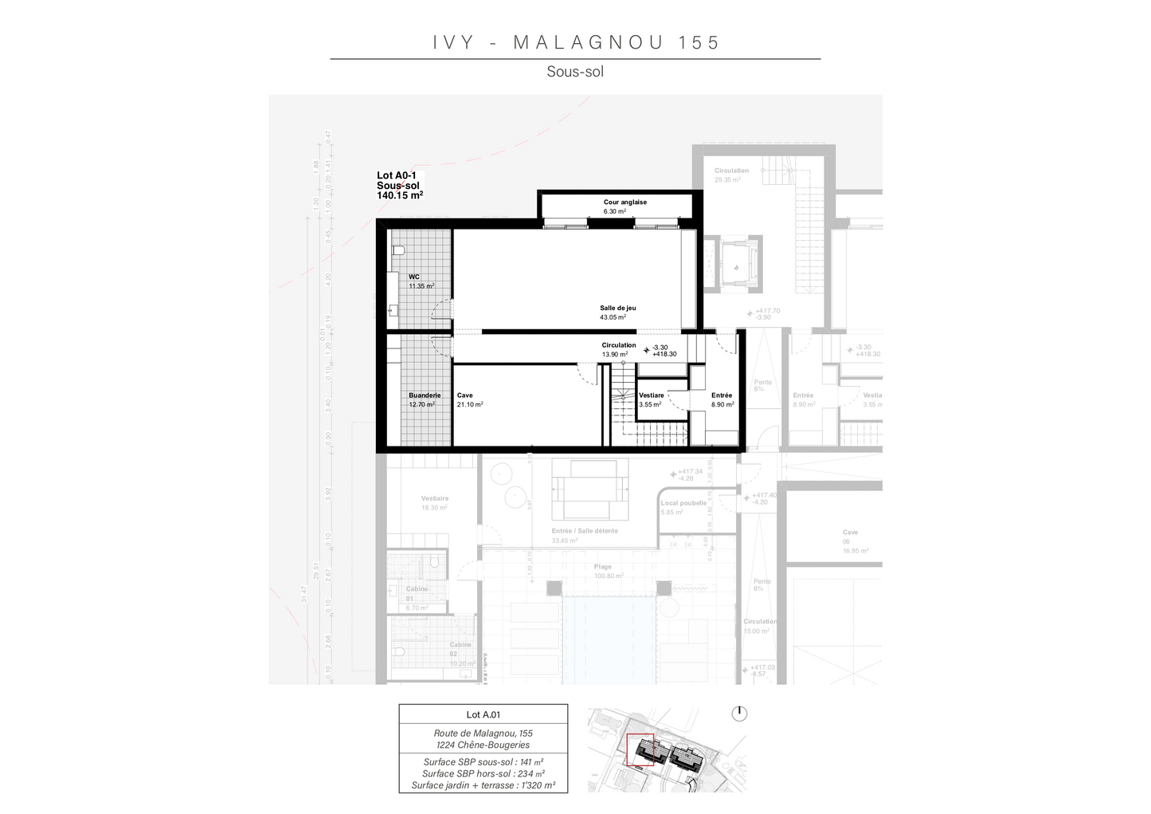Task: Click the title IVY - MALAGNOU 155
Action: [575, 42]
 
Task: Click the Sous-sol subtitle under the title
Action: [575, 72]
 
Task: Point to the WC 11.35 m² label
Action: [420, 281]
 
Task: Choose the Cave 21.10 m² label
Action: [469, 399]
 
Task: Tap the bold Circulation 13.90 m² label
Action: [618, 349]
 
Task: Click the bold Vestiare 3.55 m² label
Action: [651, 399]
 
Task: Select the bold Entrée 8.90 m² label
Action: [722, 399]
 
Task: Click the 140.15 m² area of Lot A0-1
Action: [399, 195]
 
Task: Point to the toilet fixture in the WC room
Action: [399, 250]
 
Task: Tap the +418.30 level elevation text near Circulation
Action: [664, 355]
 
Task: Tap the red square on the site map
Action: [640, 749]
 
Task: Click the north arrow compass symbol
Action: [739, 713]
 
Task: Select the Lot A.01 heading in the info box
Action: [483, 715]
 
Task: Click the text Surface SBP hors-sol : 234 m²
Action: [483, 773]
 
